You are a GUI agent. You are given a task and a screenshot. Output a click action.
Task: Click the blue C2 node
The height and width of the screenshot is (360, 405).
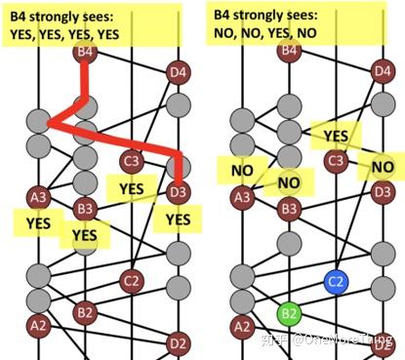click(336, 282)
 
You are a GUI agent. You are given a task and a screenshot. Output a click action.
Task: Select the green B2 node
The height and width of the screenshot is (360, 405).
click(289, 313)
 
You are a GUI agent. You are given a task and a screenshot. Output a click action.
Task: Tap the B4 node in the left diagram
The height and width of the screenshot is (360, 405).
click(86, 50)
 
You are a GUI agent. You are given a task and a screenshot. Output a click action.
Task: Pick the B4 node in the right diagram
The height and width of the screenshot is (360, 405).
click(289, 50)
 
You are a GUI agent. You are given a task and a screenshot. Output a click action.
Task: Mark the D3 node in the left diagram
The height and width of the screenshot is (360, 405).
click(178, 192)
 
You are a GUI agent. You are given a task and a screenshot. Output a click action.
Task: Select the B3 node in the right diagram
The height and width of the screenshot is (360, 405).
click(289, 208)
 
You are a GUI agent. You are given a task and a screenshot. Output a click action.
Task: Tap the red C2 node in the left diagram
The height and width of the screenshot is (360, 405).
click(132, 282)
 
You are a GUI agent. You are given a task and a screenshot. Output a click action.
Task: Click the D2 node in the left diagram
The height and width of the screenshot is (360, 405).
click(178, 342)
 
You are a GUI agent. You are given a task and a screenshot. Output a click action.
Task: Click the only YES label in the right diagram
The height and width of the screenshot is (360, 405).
click(336, 136)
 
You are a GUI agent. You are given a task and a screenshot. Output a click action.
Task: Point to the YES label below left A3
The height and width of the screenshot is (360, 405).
click(39, 222)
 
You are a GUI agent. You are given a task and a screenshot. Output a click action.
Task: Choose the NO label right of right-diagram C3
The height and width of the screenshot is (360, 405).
click(382, 167)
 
